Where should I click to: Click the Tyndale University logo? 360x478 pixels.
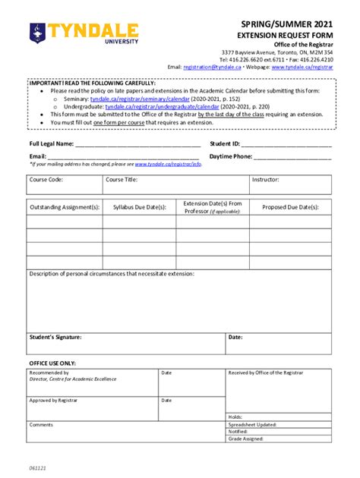pos(84,32)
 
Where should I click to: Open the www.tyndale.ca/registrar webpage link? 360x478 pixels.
pos(302,67)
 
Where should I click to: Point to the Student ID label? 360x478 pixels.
pos(226,143)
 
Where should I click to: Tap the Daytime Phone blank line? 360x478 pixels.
pos(292,157)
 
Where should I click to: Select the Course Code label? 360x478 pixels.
pos(46,180)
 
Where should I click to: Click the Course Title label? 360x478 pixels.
pos(122,180)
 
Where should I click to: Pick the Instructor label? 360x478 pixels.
pos(266,180)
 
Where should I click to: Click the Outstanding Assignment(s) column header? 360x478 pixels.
pos(65,206)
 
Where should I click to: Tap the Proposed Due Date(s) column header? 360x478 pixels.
pos(290,206)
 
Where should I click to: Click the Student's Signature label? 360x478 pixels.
pos(55,337)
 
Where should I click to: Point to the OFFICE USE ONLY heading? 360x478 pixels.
pos(52,363)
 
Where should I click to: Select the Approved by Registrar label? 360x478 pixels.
pos(54,399)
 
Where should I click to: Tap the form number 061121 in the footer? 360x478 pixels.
pos(38,468)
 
